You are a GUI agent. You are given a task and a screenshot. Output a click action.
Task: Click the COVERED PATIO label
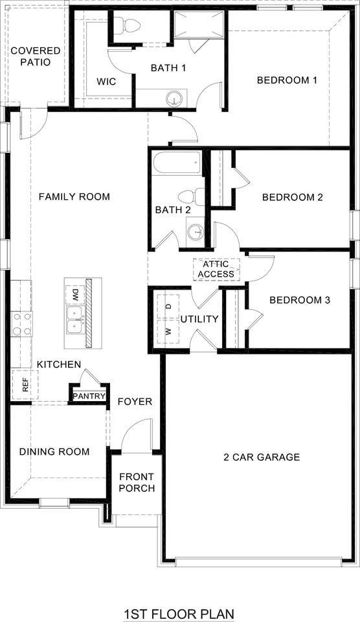pyautogui.click(x=35, y=56)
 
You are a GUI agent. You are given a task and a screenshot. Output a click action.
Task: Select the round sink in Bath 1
pyautogui.click(x=174, y=99)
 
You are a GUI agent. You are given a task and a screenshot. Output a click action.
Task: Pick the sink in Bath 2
pyautogui.click(x=196, y=231)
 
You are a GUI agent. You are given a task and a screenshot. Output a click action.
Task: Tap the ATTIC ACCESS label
pyautogui.click(x=216, y=270)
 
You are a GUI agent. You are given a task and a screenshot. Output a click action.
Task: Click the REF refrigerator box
pyautogui.click(x=25, y=385)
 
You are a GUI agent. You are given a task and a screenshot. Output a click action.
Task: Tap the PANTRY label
pyautogui.click(x=89, y=396)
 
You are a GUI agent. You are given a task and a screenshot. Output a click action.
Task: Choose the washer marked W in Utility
pyautogui.click(x=168, y=331)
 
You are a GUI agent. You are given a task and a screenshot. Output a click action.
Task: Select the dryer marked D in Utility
pyautogui.click(x=168, y=305)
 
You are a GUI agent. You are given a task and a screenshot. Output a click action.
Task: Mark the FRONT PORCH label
pyautogui.click(x=137, y=483)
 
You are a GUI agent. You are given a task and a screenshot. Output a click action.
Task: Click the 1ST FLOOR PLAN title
pyautogui.click(x=179, y=613)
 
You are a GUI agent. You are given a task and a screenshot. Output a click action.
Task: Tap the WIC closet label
pyautogui.click(x=106, y=82)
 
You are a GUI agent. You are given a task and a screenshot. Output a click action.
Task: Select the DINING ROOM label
pyautogui.click(x=54, y=452)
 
